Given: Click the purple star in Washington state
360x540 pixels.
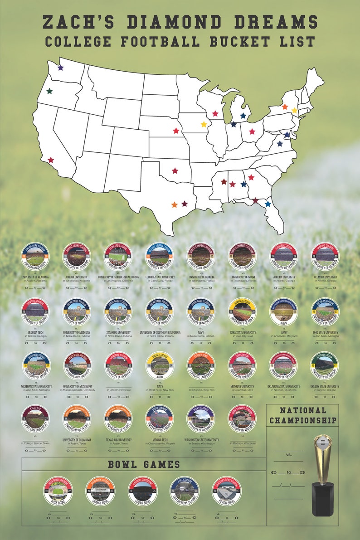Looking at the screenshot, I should tap(61, 68).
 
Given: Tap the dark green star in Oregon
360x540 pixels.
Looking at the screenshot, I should tap(49, 91).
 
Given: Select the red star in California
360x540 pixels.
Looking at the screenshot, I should tap(51, 160).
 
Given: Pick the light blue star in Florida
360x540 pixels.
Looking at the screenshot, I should tap(268, 204).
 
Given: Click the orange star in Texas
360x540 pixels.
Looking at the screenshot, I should tap(175, 205).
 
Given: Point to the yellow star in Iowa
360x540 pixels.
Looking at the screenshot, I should tap(204, 124).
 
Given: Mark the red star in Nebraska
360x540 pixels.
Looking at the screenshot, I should tap(176, 131).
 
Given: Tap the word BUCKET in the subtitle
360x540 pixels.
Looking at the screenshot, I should tap(238, 42).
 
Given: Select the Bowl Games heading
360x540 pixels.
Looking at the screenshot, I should tap(144, 464).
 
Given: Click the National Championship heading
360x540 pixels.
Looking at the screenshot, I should tap(303, 415).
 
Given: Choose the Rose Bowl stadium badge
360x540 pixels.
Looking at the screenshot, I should tap(58, 491).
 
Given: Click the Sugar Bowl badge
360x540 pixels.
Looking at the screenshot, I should tap(143, 491).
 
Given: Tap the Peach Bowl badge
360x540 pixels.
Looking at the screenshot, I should tap(227, 491).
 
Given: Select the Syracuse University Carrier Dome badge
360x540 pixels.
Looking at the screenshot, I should tap(201, 366).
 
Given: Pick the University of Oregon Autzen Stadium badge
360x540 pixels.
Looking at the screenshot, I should tap(324, 366).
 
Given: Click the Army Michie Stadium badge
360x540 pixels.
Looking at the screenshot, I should tap(160, 366).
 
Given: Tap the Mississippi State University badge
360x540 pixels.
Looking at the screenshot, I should tap(77, 366).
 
